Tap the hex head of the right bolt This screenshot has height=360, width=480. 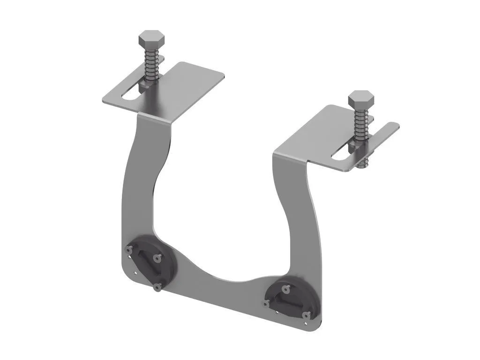point(361,99)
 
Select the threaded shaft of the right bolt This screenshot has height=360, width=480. point(360,126)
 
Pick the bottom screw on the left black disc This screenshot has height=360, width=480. point(158,287)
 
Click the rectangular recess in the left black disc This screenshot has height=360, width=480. point(143,261)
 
